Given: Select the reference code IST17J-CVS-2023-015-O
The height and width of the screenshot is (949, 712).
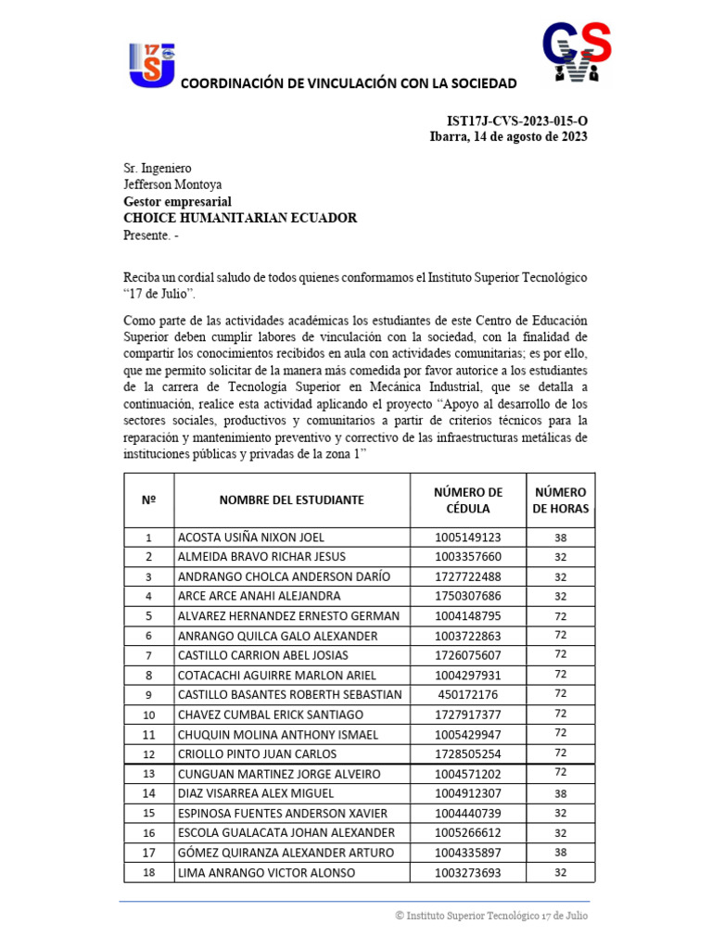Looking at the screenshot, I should point(516,120).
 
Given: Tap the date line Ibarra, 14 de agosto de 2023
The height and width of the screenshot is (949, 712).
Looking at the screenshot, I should point(508,137).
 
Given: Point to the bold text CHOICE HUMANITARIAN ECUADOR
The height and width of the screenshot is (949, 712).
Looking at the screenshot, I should point(240,218).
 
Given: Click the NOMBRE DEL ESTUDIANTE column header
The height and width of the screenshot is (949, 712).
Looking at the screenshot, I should point(291,500).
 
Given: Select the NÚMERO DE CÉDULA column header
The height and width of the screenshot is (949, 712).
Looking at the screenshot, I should point(467,500).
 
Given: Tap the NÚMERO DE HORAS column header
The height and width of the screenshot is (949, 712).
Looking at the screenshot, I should point(560,500).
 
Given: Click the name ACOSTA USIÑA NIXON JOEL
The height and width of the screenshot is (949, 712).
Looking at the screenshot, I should point(250,538).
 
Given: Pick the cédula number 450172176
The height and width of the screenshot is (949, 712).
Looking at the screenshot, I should point(467,695).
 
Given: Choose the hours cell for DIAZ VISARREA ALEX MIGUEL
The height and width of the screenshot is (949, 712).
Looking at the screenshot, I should point(560,793).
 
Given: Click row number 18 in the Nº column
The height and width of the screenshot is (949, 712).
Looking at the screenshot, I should point(148,872).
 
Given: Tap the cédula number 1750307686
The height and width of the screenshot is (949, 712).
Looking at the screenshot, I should point(467,596).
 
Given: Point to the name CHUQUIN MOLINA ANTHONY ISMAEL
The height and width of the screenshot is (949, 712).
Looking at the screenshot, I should point(277,734).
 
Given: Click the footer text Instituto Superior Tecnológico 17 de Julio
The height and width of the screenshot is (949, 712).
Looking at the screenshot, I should point(490,916).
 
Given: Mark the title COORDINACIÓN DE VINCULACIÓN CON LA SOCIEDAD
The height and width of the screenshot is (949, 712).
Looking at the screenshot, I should point(348,84).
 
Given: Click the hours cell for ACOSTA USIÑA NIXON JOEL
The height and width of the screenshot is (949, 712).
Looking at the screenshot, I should point(560,538).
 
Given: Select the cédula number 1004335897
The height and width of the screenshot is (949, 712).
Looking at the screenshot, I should point(467,853).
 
